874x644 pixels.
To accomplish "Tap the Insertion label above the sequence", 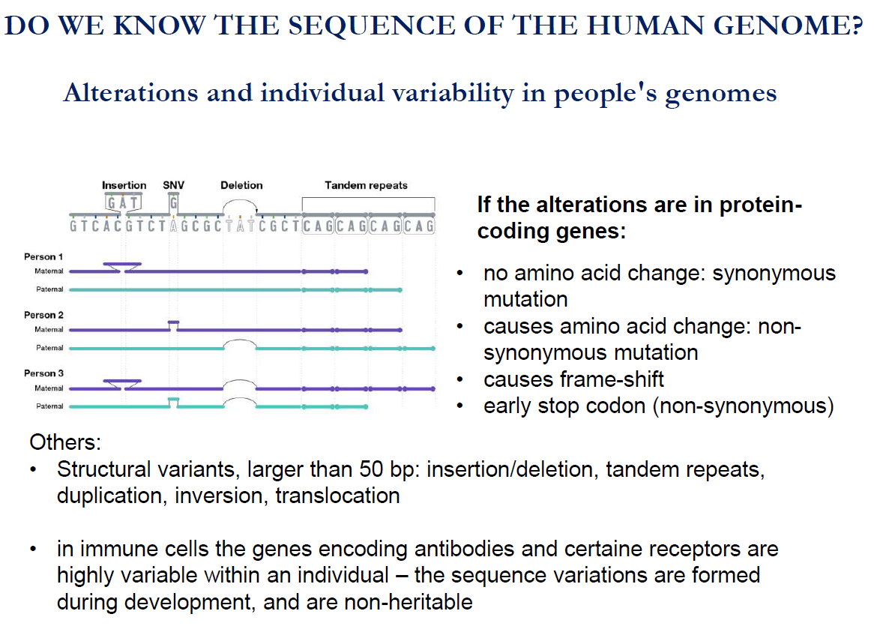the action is tap(124, 185).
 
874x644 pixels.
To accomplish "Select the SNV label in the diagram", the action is tap(173, 185).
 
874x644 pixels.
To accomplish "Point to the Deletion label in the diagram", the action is tap(241, 185).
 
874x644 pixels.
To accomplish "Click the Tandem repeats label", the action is tap(367, 185).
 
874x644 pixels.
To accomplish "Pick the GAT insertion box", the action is tap(123, 202).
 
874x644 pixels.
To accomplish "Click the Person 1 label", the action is tap(43, 256).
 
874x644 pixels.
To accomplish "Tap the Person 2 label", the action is tap(43, 315).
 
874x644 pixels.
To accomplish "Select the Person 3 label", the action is tap(43, 373).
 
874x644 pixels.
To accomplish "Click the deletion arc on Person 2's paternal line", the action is tap(240, 340).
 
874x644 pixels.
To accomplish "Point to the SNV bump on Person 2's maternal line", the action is tap(174, 322).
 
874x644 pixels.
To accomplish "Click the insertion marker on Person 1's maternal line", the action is tap(123, 265).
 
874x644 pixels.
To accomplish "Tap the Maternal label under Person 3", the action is tap(49, 388).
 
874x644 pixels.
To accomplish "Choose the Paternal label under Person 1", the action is tap(49, 289).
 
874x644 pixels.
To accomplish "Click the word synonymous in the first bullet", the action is tap(774, 273).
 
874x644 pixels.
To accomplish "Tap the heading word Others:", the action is tap(65, 442).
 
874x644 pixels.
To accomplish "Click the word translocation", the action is tap(337, 496).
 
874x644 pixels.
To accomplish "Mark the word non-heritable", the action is tap(409, 602).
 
